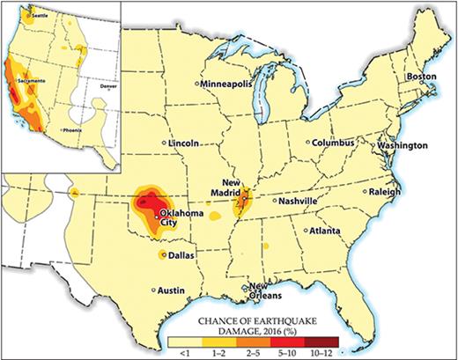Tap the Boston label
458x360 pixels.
pos(421,77)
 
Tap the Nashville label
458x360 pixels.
pos(297,201)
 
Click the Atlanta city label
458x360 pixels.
pos(325,231)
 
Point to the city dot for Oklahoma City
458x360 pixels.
pos(156,216)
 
